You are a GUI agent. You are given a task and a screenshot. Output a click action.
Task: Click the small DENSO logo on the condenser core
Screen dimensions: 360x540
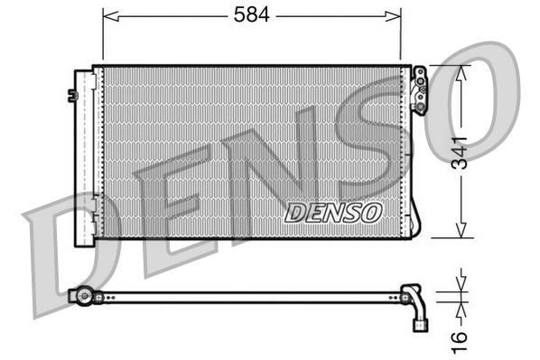[333, 212]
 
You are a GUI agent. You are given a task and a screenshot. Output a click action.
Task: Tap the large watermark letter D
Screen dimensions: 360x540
[68, 239]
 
